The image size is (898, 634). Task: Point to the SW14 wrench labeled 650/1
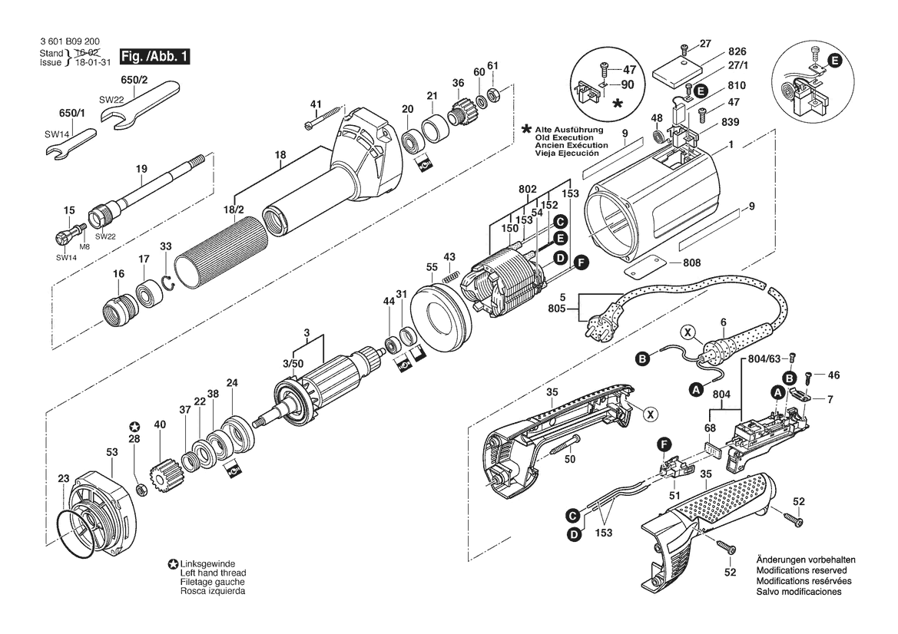(69, 143)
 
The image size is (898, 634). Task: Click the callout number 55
(431, 268)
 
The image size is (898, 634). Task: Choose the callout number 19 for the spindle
(141, 169)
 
